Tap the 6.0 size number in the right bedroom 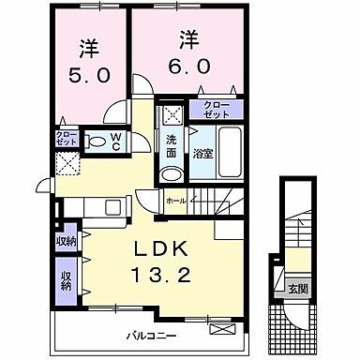(188, 65)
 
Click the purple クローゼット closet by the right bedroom (216, 110)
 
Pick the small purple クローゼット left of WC (65, 139)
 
